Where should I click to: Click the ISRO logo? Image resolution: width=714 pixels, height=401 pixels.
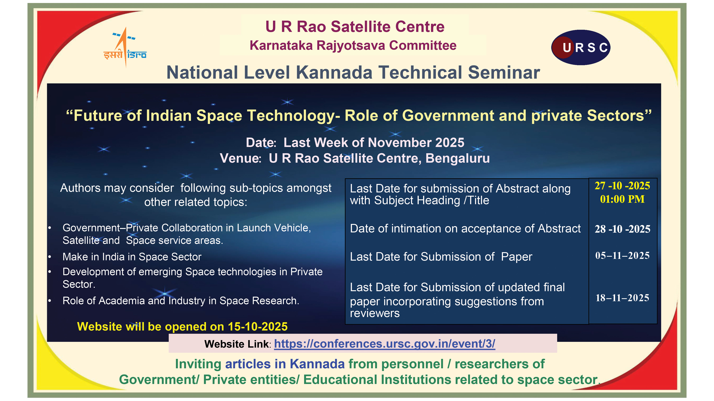(x=125, y=47)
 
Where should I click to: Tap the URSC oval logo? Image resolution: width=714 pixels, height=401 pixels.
(x=581, y=47)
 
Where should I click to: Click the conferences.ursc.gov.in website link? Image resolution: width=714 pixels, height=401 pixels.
(x=385, y=344)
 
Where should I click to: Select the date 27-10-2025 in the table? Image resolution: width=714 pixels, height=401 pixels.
(x=622, y=186)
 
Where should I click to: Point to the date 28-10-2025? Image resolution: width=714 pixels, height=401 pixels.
(x=622, y=229)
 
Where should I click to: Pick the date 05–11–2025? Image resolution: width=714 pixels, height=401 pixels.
(x=622, y=255)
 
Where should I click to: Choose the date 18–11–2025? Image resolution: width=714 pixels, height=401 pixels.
(x=622, y=298)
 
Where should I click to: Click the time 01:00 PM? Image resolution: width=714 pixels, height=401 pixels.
(x=622, y=199)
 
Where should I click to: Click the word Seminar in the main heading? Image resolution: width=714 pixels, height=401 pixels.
(x=504, y=73)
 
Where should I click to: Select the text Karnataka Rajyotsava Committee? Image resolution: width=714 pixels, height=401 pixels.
(x=353, y=45)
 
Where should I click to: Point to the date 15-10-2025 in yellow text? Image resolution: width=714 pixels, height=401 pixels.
(x=258, y=327)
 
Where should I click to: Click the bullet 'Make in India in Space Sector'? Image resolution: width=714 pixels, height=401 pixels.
(x=132, y=257)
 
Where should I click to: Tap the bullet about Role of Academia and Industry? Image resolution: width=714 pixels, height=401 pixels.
(x=181, y=301)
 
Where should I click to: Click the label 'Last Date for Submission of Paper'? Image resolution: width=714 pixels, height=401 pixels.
(x=441, y=257)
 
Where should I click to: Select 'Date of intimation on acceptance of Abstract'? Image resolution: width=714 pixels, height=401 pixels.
(x=465, y=229)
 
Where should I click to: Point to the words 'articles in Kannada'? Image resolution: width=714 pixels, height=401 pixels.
(x=285, y=364)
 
